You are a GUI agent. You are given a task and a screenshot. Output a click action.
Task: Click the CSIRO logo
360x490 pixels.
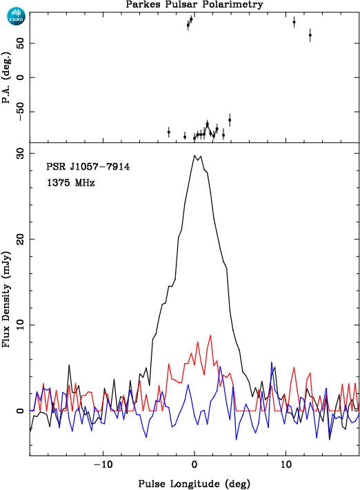(16, 17)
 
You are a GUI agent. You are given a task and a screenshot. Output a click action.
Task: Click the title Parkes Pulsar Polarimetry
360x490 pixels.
(194, 4)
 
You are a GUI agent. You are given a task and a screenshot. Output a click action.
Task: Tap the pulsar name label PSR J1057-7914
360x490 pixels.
(88, 166)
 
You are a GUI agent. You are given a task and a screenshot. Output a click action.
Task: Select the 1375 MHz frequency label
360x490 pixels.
(71, 182)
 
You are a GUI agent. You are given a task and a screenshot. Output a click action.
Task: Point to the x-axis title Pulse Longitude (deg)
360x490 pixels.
(194, 484)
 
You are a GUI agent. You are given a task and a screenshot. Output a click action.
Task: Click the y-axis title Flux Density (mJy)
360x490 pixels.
(6, 299)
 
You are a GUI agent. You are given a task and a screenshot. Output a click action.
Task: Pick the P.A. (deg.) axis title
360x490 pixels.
(6, 77)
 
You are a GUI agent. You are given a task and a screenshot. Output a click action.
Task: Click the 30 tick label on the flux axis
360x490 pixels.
(20, 154)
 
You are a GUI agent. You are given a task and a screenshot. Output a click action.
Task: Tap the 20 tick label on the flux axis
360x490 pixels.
(20, 239)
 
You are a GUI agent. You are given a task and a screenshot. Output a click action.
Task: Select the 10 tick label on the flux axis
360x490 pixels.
(20, 325)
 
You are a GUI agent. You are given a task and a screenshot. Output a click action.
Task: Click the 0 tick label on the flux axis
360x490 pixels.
(20, 411)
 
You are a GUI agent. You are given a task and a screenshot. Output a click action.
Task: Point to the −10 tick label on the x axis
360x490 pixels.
(103, 464)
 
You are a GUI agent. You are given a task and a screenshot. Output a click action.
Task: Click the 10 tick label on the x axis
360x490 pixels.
(286, 464)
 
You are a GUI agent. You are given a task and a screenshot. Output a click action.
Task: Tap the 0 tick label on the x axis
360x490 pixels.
(194, 464)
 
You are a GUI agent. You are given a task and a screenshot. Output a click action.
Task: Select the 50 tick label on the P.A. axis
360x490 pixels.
(20, 43)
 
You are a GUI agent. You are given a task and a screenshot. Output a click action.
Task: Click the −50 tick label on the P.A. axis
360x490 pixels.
(20, 112)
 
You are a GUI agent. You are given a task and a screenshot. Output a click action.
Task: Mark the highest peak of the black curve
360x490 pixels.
(194, 155)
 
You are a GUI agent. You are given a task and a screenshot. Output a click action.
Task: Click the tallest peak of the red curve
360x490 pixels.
(210, 335)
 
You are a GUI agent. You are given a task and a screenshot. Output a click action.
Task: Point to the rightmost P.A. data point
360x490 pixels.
(310, 35)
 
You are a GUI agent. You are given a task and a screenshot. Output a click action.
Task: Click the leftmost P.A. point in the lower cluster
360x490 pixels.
(168, 133)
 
